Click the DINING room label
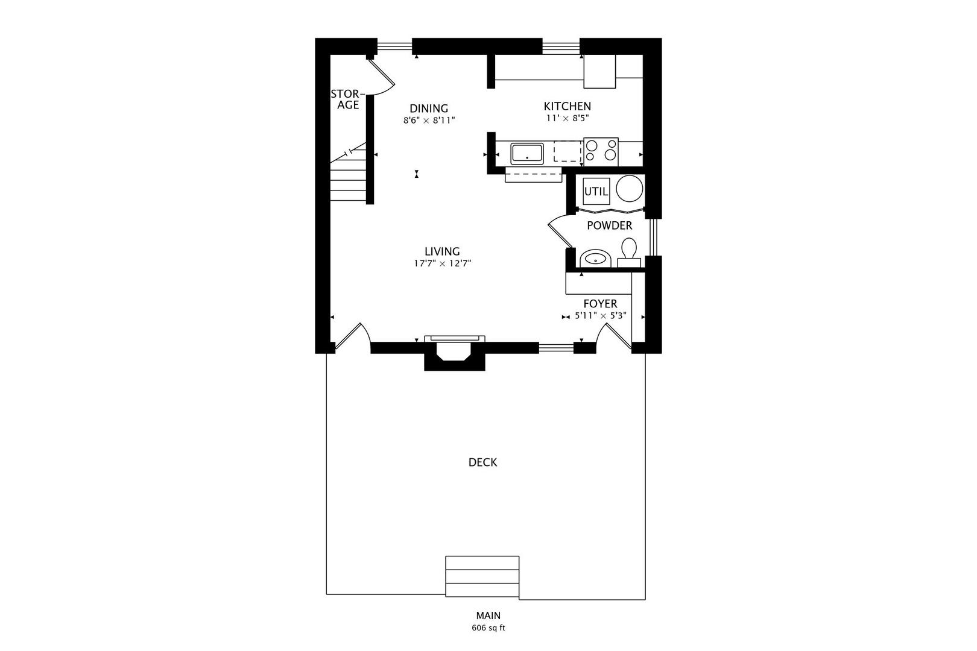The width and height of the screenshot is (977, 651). click(429, 108)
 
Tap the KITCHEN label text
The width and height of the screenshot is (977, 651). click(567, 106)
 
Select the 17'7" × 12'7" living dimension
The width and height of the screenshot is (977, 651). click(441, 263)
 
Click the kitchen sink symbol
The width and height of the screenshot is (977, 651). click(527, 153)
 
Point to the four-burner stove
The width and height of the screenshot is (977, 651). click(601, 151)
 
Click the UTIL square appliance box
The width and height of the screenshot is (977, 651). click(596, 192)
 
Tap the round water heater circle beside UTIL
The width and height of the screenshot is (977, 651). click(629, 189)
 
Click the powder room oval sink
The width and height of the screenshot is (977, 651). click(596, 259)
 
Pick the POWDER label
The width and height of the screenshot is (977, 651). click(609, 225)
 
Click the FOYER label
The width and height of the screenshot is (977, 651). click(599, 304)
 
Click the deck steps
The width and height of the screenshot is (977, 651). click(482, 577)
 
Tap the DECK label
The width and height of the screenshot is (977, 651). click(482, 462)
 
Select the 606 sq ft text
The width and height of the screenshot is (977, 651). click(488, 628)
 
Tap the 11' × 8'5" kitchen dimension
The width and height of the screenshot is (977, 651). click(567, 119)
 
